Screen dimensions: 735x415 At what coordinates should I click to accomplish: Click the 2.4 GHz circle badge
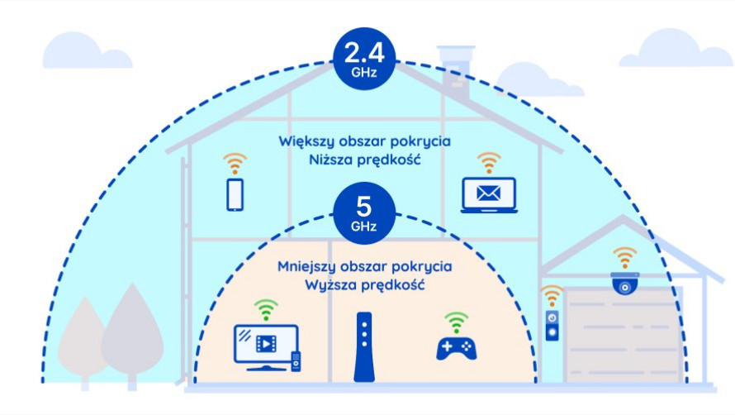(364, 59)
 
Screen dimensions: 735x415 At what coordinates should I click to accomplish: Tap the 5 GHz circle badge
(364, 213)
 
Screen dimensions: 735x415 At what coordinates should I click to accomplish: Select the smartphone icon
(235, 195)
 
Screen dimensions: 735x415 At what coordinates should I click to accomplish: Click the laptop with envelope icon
(489, 195)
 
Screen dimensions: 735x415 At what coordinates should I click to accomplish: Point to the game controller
(456, 348)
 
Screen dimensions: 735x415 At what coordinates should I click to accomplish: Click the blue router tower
(364, 347)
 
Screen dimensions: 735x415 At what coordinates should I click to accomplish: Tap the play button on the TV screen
(266, 344)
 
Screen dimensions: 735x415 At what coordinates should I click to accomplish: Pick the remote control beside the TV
(296, 361)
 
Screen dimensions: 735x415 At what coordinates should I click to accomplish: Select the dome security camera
(625, 284)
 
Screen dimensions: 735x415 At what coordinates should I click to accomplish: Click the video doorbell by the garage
(552, 326)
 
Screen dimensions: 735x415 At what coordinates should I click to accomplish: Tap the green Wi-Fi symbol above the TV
(266, 310)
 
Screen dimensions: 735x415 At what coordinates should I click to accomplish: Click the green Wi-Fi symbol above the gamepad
(456, 322)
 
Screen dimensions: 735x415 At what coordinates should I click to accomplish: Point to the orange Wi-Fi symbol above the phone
(235, 164)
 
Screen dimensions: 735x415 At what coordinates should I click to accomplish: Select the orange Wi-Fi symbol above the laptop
(489, 163)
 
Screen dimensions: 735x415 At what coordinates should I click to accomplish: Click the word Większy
(306, 141)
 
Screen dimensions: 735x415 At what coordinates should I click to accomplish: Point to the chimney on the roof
(456, 70)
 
